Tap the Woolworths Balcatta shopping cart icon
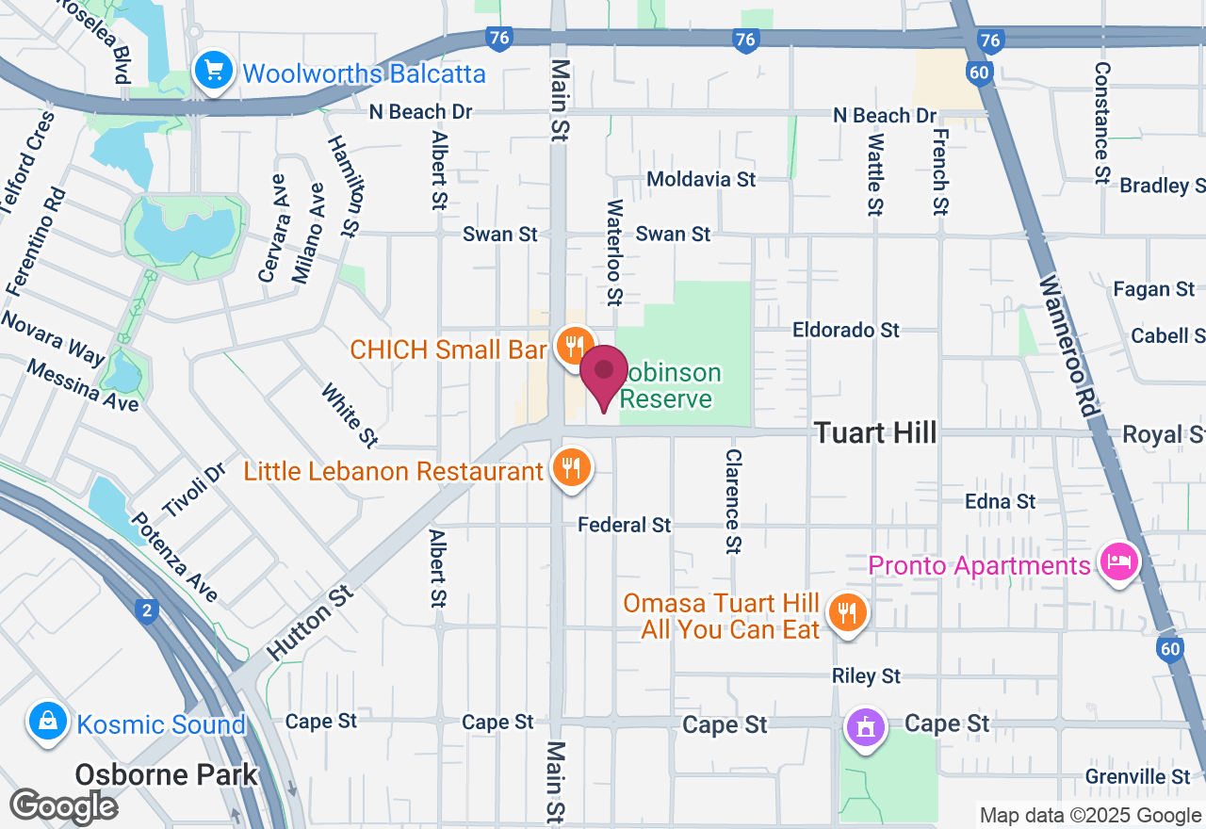(x=213, y=70)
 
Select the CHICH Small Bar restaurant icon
(x=573, y=346)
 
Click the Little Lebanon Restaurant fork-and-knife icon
(x=570, y=467)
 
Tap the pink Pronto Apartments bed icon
(x=1118, y=562)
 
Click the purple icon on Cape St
(x=866, y=726)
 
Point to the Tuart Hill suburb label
(x=875, y=432)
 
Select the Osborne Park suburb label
(x=166, y=774)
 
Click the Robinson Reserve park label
(x=669, y=386)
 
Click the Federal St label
(x=625, y=525)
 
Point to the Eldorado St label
(x=846, y=330)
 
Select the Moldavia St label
(x=701, y=178)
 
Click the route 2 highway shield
(x=145, y=611)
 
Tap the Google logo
(x=63, y=805)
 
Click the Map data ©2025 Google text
(x=1090, y=816)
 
